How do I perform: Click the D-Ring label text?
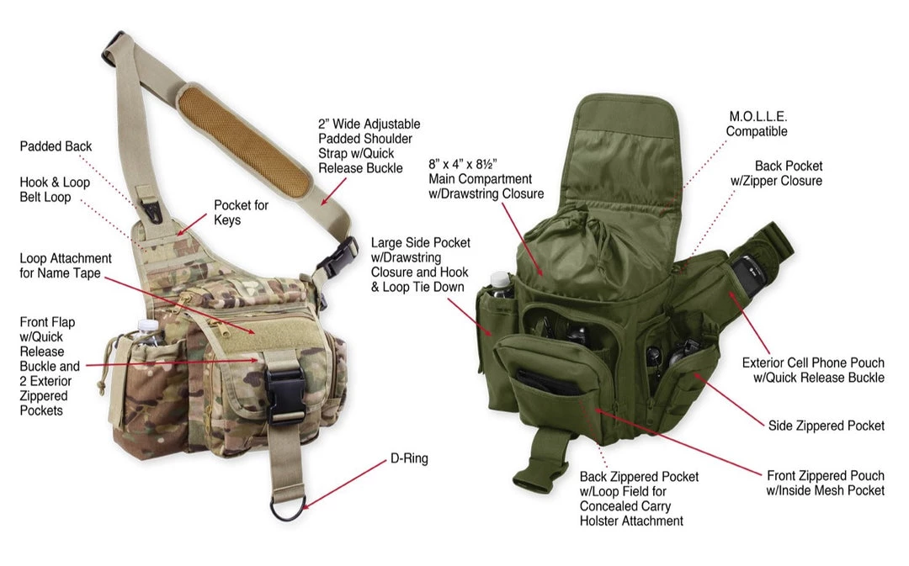tap(409, 459)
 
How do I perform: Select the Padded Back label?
tap(56, 146)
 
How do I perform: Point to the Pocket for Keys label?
tap(242, 213)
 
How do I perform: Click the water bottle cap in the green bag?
tap(498, 278)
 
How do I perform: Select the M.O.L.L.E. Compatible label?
tap(757, 124)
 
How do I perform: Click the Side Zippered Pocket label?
tap(827, 426)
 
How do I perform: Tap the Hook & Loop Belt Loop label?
tap(55, 189)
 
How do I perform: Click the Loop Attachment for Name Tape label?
tap(66, 266)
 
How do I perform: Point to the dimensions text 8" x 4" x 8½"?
tap(463, 165)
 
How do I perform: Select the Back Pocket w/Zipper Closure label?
tap(776, 173)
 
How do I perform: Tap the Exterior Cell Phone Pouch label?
tap(813, 370)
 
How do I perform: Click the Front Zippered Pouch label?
tap(826, 483)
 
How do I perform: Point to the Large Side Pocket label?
tap(420, 265)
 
